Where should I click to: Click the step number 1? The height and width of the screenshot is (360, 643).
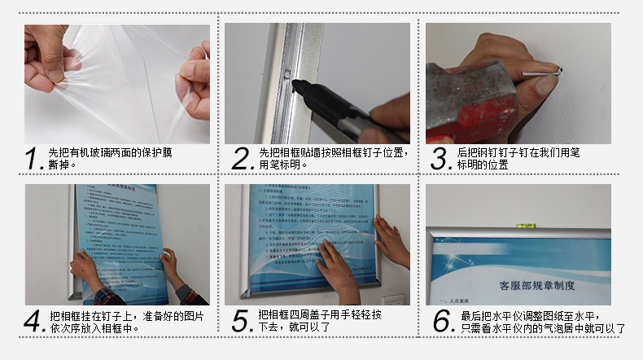(33, 159)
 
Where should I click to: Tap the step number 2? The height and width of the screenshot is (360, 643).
(243, 159)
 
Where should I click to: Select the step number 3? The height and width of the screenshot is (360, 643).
(441, 159)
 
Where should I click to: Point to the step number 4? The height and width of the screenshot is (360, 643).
(34, 321)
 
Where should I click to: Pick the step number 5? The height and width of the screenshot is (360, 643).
(243, 321)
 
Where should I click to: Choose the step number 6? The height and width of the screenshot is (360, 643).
(442, 321)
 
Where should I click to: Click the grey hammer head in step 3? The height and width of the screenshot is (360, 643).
(464, 90)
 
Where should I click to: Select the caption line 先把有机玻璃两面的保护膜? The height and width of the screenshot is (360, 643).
(110, 152)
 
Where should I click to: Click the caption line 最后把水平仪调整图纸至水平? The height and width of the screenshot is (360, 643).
(531, 316)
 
